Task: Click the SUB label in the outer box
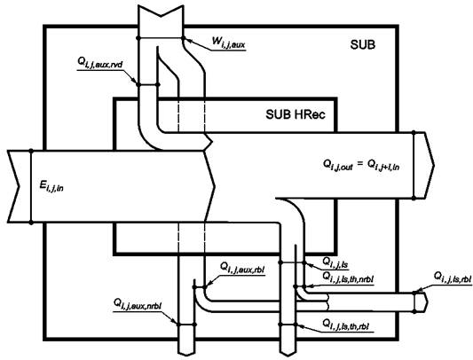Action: coord(363,45)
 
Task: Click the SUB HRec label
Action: coord(296,114)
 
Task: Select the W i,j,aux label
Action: coord(228,43)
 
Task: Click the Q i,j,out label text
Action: coord(338,165)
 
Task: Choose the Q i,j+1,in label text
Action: coord(383,165)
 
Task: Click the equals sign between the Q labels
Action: coord(359,164)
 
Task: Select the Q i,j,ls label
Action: coord(335,262)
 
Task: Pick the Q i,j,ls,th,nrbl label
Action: coord(348,277)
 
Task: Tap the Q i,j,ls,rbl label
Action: coord(453,277)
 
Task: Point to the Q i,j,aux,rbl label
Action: coord(242,268)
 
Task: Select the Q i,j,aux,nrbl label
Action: coord(138,304)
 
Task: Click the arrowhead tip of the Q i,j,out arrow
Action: coord(434,165)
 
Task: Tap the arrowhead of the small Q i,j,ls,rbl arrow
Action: coord(428,301)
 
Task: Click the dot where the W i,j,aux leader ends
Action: coord(183,38)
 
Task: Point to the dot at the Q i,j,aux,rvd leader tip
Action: coord(138,85)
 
